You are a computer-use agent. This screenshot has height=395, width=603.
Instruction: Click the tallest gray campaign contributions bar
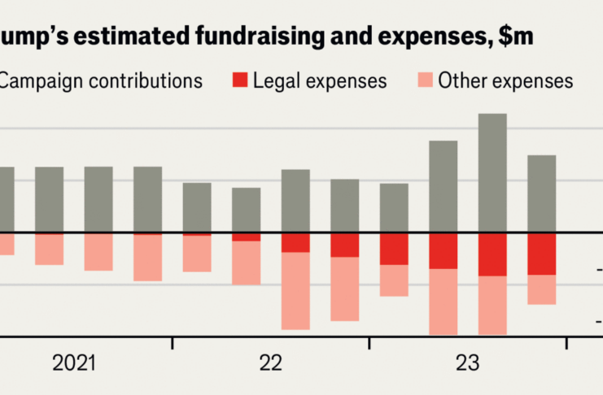click(492, 172)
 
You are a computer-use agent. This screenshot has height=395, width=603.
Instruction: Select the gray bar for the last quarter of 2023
click(541, 193)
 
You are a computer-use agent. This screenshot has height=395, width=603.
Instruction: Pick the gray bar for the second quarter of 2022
click(246, 210)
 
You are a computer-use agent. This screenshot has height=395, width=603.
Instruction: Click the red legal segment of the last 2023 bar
click(541, 254)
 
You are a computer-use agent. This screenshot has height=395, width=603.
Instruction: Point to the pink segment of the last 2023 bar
click(541, 289)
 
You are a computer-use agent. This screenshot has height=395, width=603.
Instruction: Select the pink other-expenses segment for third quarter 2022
click(295, 290)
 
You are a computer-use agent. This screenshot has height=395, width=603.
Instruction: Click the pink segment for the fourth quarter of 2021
click(147, 258)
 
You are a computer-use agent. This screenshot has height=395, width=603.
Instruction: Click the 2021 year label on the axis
click(74, 363)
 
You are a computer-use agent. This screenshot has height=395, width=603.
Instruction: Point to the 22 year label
click(271, 363)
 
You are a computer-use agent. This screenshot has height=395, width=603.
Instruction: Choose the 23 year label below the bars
click(468, 363)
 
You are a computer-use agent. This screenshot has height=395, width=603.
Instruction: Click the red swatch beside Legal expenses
click(241, 80)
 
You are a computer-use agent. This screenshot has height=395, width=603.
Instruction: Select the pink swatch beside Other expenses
click(424, 80)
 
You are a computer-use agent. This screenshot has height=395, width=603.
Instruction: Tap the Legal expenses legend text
click(320, 80)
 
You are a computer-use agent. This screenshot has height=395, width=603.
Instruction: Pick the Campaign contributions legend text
click(101, 80)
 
